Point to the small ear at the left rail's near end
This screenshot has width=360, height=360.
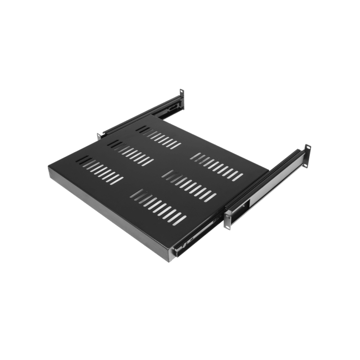98,135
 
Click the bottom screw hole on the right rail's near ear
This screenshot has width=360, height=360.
226,223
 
